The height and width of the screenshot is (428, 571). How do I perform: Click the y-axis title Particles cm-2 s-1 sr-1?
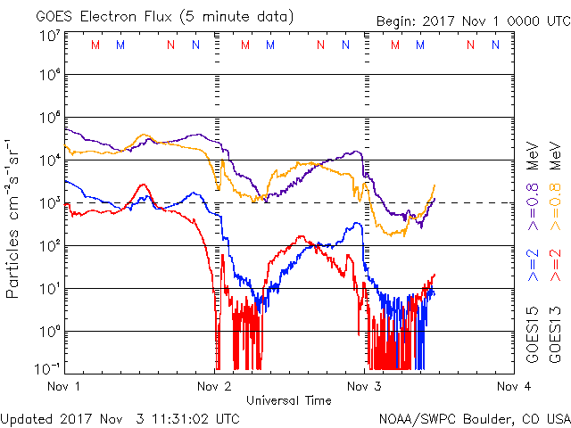point(14,217)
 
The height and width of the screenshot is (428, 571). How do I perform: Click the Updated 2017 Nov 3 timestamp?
point(120,417)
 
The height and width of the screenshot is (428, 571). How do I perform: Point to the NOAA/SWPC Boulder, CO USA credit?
point(474,417)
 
